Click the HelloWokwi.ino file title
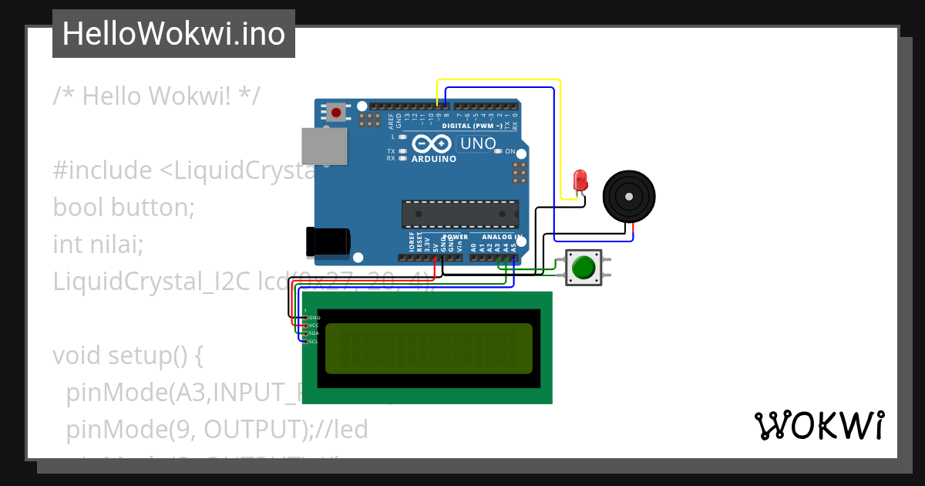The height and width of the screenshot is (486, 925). (173, 34)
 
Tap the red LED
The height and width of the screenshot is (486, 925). (580, 181)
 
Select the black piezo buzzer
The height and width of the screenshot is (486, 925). (629, 197)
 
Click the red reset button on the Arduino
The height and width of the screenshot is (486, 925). (336, 113)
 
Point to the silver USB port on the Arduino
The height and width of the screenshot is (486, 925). (324, 146)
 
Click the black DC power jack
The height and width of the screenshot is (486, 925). (328, 241)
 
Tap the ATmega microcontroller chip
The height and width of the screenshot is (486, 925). (459, 214)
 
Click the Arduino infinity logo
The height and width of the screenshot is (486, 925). (432, 144)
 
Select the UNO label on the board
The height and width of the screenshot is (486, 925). (478, 143)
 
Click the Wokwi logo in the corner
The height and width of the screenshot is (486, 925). (819, 426)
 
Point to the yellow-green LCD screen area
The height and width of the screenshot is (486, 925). (429, 348)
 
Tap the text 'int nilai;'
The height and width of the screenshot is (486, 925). (98, 245)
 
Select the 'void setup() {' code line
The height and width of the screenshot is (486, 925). (127, 356)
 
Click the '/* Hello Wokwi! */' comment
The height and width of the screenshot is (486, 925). (156, 96)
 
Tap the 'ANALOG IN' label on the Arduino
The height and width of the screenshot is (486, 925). (502, 237)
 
